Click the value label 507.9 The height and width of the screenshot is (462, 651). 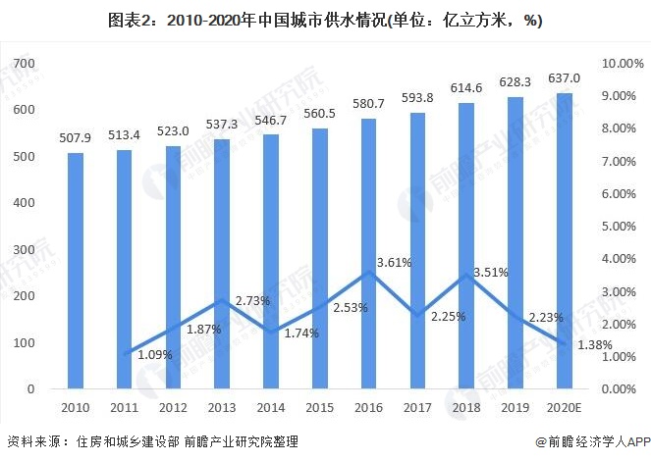coord(76,136)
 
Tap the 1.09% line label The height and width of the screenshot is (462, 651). coord(154,353)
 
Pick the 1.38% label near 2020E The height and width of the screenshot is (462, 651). coord(593,345)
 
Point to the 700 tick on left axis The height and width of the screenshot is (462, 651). coord(24,63)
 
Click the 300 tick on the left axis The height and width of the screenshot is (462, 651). coord(24,249)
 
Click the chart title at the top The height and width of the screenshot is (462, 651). coord(325,21)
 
